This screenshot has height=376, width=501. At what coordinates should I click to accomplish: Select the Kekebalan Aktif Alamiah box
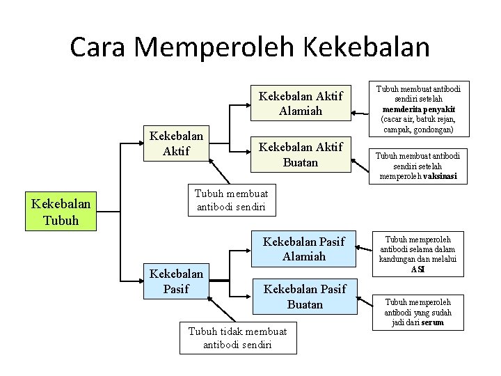click(x=301, y=104)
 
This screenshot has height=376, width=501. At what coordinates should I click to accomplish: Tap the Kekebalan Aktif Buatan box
click(x=301, y=155)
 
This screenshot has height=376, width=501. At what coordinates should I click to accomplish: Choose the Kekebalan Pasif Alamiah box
click(x=303, y=249)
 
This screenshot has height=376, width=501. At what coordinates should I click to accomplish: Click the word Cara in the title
click(x=99, y=47)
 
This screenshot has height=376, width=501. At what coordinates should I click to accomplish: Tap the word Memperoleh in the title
click(x=215, y=47)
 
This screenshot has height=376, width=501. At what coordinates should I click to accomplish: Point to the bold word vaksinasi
click(x=438, y=176)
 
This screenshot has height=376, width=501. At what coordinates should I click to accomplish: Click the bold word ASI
click(x=417, y=269)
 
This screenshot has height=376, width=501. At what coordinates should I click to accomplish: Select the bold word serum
click(x=431, y=322)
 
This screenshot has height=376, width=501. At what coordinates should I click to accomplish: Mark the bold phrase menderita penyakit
click(x=418, y=109)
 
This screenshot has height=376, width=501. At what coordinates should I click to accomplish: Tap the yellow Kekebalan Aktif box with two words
click(x=176, y=143)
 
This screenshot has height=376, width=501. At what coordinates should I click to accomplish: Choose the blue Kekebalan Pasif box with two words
click(x=176, y=281)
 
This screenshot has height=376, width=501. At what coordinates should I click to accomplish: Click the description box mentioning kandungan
click(x=417, y=254)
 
